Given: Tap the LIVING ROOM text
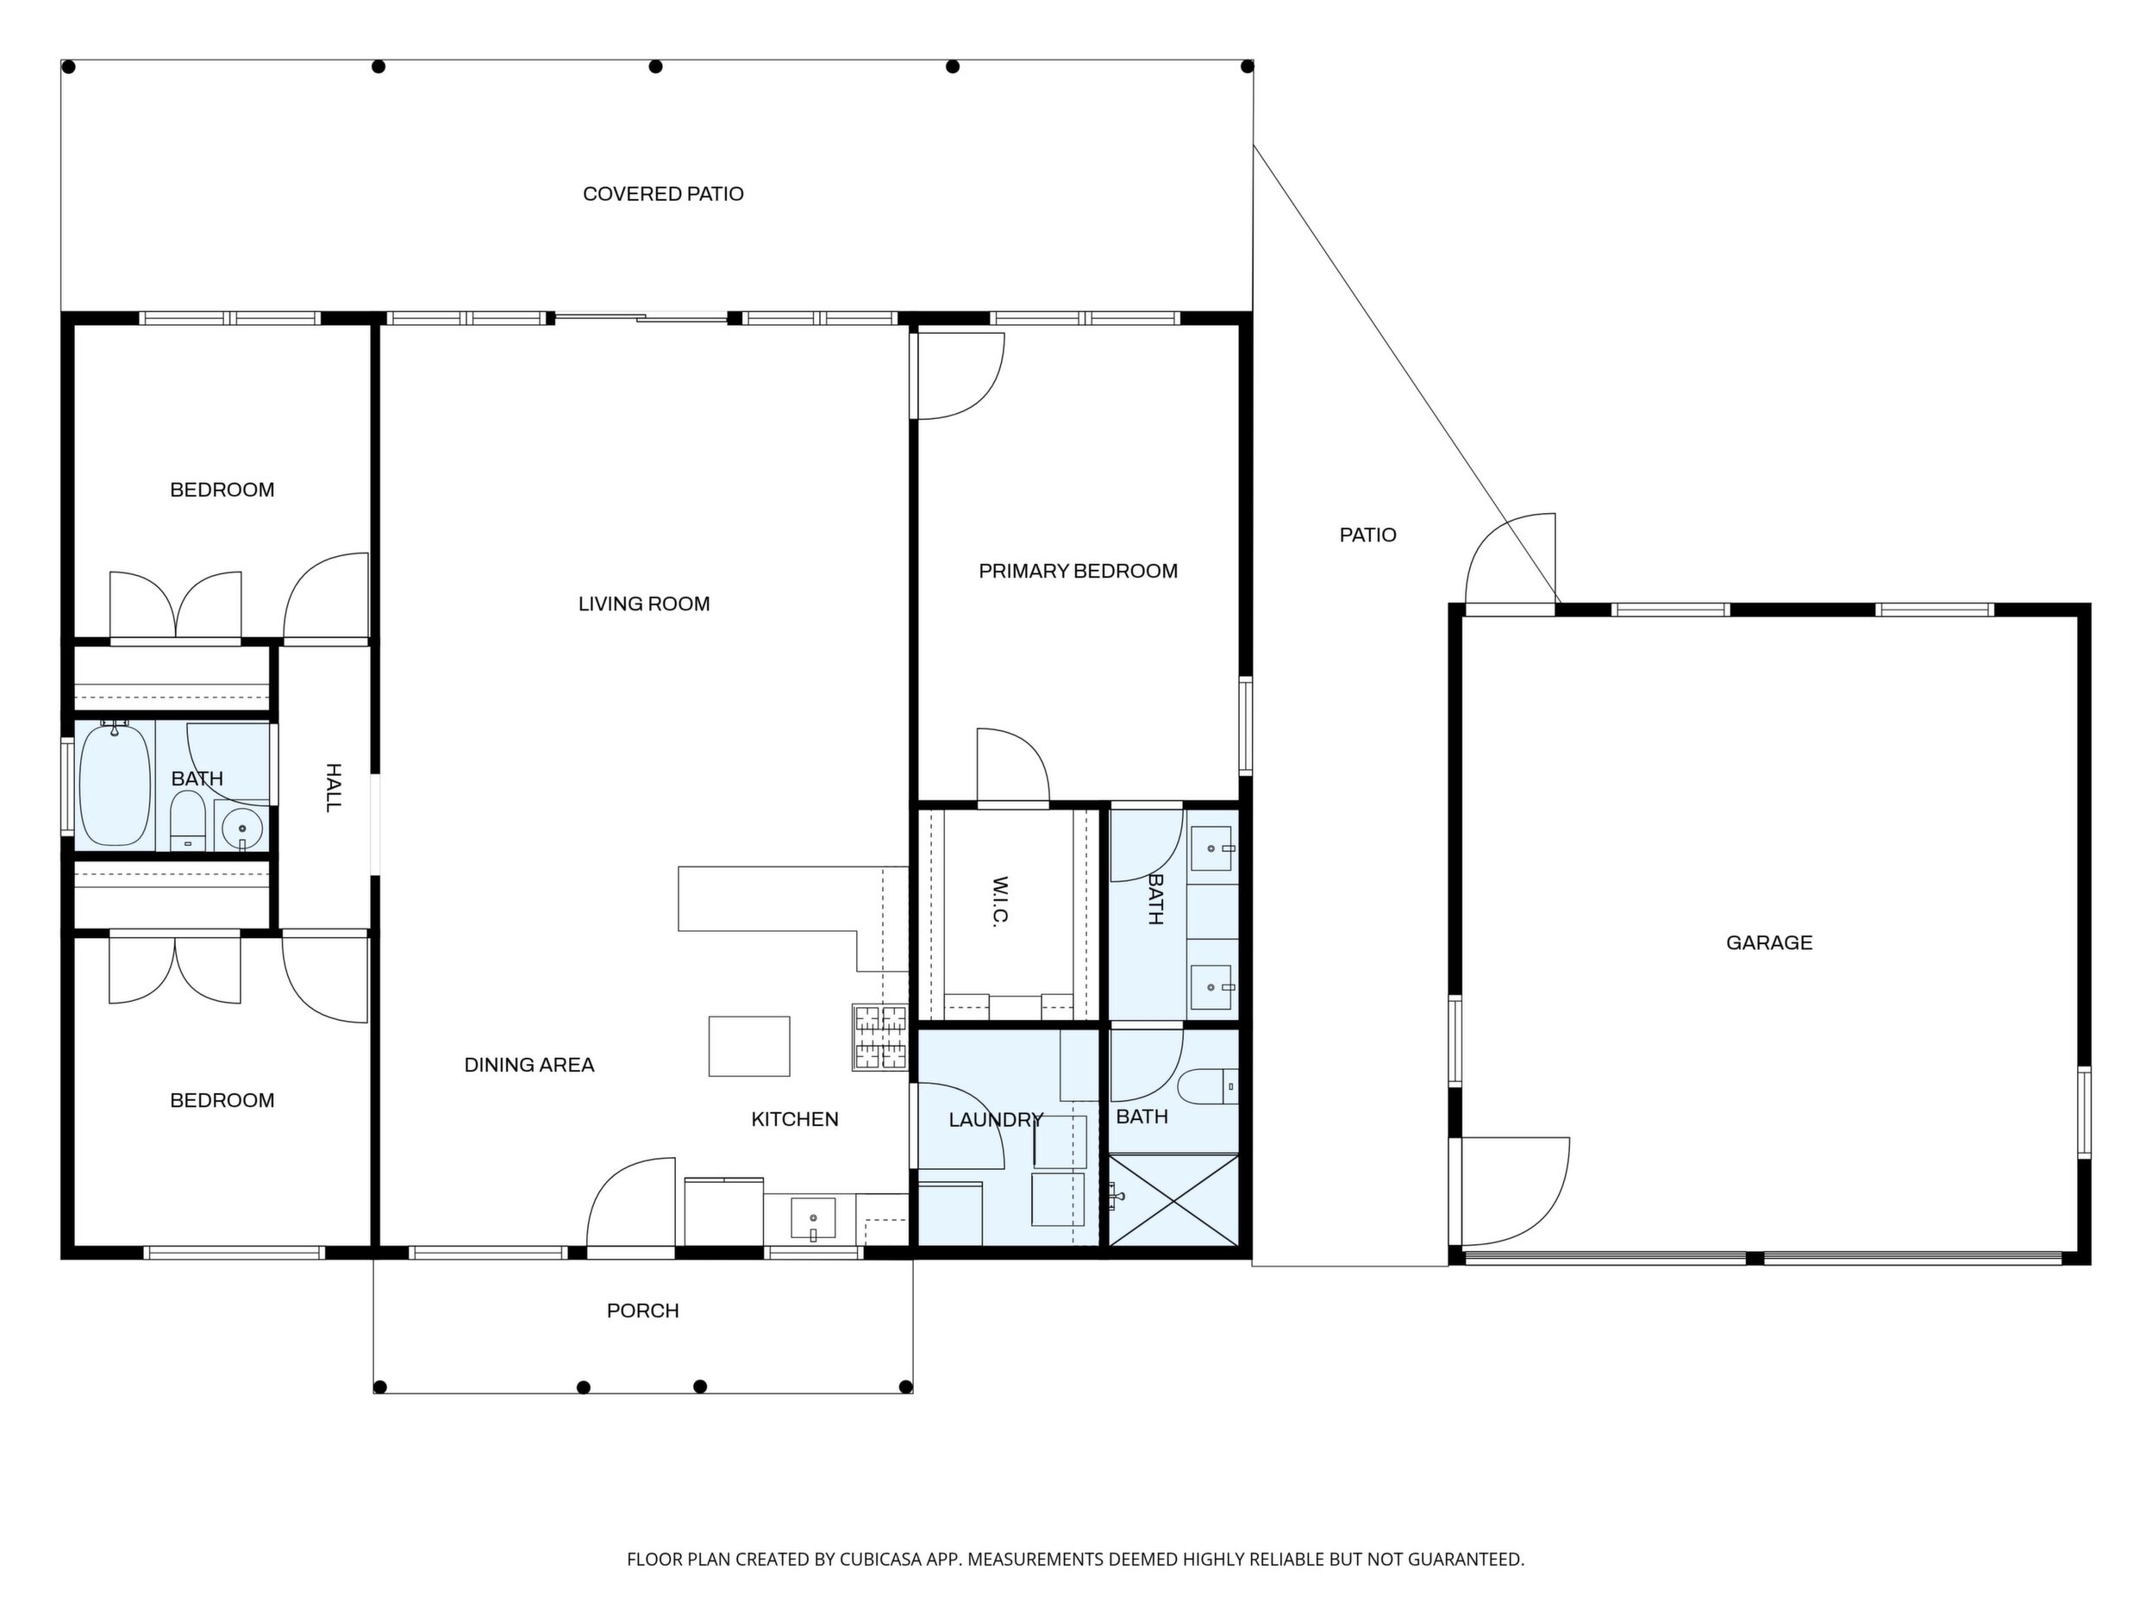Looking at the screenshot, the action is [x=644, y=604].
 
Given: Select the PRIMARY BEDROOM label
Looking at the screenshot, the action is [x=1078, y=571].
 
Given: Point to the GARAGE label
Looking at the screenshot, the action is [x=1768, y=941].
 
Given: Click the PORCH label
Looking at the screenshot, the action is [x=642, y=1311].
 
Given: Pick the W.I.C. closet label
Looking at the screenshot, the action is [x=999, y=901].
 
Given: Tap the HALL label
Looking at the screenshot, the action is [x=333, y=787].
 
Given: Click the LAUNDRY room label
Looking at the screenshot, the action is [x=995, y=1120].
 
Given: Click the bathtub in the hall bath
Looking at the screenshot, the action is [x=115, y=784].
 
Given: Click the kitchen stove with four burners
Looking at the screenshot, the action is [x=879, y=1037].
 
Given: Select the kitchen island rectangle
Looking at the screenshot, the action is [x=749, y=1046].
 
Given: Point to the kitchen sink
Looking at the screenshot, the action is [x=812, y=1219].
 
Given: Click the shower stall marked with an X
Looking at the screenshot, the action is [x=1174, y=1199].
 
